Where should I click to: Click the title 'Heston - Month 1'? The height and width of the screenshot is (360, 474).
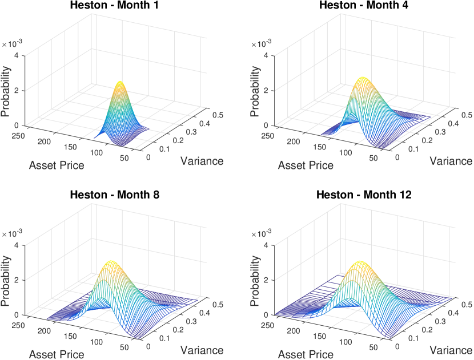(x=114, y=6)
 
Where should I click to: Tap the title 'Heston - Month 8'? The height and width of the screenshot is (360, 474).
(x=114, y=195)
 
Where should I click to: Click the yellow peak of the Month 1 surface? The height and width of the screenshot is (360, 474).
(x=120, y=83)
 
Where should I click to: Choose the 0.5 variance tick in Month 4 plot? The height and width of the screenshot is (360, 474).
(x=466, y=114)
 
